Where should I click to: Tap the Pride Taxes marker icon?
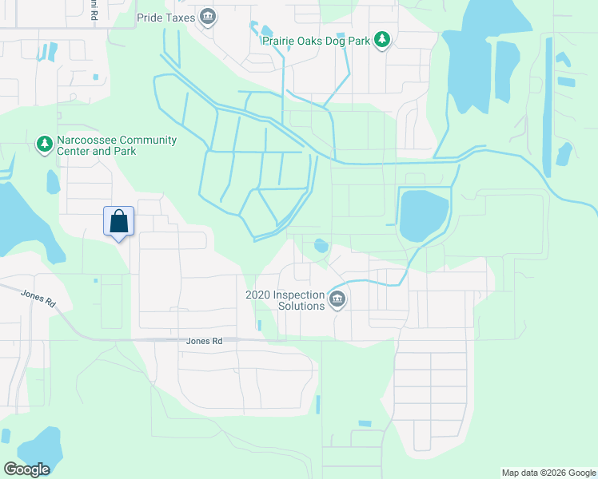click(208, 16)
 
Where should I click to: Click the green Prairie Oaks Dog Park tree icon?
click(382, 39)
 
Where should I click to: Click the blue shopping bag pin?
click(118, 222)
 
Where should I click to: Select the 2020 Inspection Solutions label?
click(285, 300)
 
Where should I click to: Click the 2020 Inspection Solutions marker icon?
click(337, 299)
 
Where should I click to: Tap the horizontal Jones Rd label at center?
click(203, 341)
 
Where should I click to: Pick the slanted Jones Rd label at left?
click(39, 299)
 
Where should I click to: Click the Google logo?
click(26, 469)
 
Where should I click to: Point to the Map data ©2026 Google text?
click(548, 473)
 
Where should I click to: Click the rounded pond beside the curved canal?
click(424, 215)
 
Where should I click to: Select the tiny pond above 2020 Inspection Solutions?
click(321, 245)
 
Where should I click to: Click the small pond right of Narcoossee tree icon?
click(53, 182)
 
